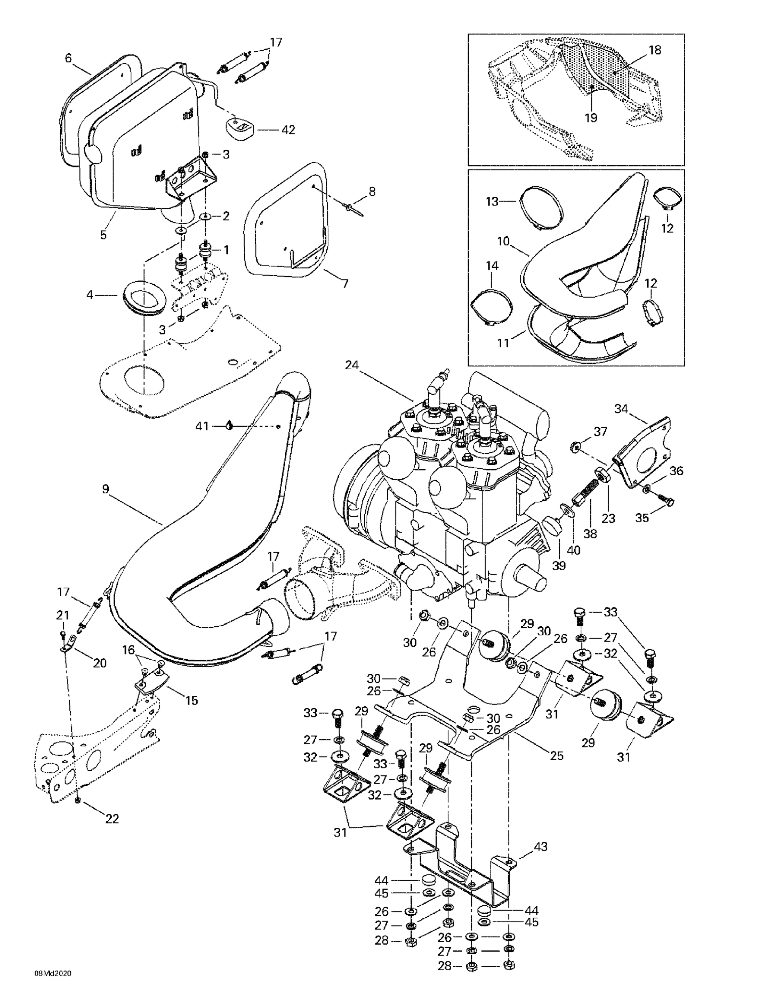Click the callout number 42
(x=288, y=130)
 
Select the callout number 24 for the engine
(x=352, y=365)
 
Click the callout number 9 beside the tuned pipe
(x=106, y=489)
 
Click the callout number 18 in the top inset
(x=655, y=50)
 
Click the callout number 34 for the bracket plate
(x=621, y=409)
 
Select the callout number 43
(x=541, y=847)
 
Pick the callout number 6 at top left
(x=68, y=58)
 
